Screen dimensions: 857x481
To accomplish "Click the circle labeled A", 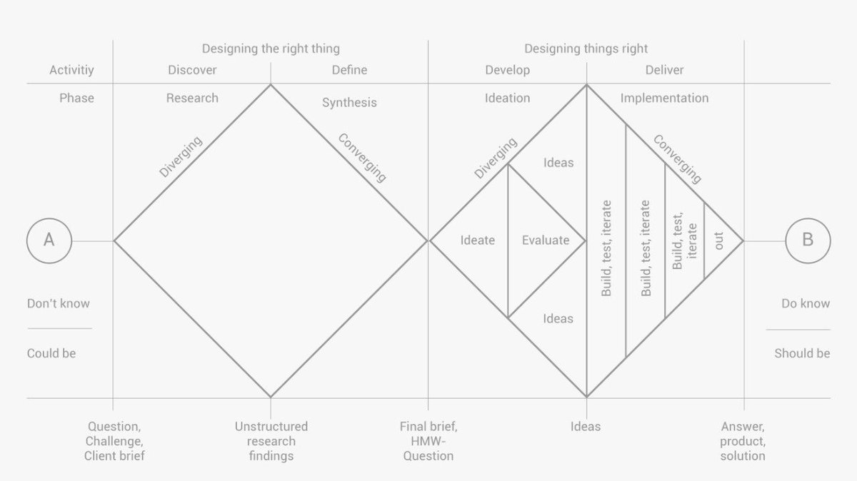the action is point(49,241).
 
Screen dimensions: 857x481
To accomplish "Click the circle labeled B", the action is point(808,241).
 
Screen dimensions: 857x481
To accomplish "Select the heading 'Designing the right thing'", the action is point(271,49).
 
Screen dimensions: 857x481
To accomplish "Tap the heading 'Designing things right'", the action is point(586,49).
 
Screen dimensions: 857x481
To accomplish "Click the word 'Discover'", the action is point(192,70).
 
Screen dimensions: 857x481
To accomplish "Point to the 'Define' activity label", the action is point(349,70).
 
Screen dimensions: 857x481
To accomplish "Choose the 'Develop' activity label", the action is point(507,70).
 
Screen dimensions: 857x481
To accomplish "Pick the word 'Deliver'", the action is point(664,70).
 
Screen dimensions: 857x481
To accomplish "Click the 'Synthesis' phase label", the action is point(349,103).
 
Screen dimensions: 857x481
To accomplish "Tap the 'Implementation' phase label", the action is point(664,98).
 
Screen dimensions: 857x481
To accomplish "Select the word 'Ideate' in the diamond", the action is point(477,241).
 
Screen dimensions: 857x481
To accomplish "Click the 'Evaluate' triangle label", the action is point(546,241).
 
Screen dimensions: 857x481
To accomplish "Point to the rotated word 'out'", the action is point(718,241).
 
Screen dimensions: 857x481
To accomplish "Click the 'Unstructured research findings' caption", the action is point(271,441).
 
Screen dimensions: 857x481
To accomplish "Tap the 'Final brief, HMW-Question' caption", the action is point(428,441).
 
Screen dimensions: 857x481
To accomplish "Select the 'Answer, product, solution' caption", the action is point(743,441).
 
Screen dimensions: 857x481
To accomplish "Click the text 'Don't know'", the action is point(59,303).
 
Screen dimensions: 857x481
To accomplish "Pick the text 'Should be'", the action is point(802,353).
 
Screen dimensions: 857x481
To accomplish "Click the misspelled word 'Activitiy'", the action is point(71,70).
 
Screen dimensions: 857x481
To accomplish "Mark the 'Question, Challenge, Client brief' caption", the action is point(114,441).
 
